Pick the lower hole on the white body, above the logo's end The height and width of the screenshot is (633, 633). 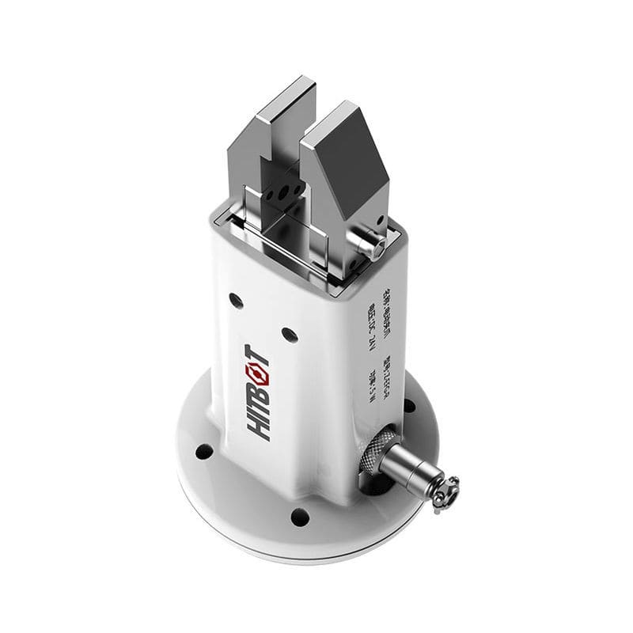coord(289,334)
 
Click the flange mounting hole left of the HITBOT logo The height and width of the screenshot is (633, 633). coord(204,451)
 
